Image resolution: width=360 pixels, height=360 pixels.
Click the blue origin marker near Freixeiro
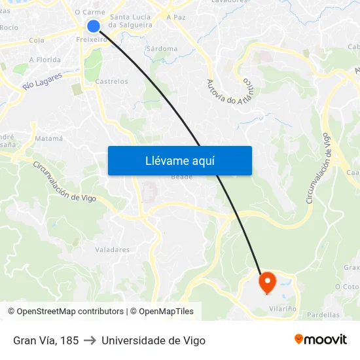tap(94, 26)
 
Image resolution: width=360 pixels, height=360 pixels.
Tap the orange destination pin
tap(268, 282)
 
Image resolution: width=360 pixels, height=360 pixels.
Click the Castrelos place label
tap(112, 81)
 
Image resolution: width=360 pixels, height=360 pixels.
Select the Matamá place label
tap(49, 138)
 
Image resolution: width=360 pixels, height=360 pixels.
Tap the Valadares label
tap(112, 249)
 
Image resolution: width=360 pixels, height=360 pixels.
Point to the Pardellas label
tap(323, 315)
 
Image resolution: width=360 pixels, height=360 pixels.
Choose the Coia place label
tap(37, 40)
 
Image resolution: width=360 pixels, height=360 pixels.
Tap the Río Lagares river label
tap(42, 81)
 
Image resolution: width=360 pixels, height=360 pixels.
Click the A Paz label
tap(176, 18)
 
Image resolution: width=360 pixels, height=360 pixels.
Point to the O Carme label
tap(90, 12)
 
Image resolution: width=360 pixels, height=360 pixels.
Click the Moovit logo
tap(321, 340)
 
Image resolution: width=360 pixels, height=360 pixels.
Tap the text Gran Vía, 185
tap(46, 340)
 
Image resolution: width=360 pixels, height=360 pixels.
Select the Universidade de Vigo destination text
tap(153, 340)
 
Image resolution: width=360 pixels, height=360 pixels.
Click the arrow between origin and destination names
tap(90, 340)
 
